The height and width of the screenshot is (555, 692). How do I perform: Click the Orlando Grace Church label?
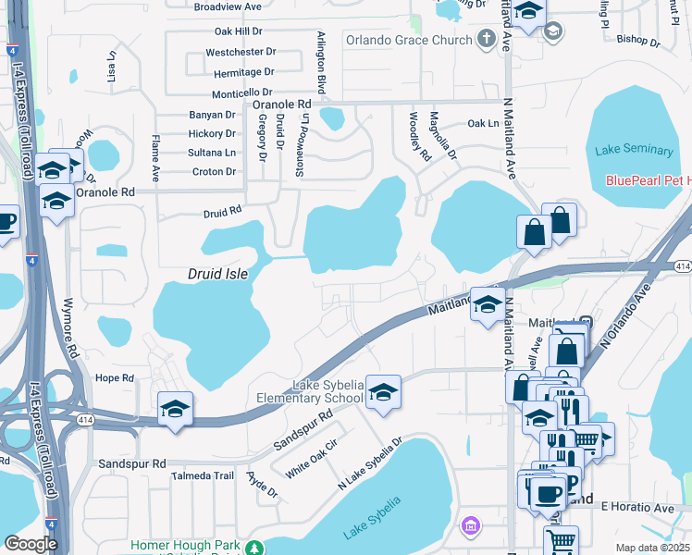408,40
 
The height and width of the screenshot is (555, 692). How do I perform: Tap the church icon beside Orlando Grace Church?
487,39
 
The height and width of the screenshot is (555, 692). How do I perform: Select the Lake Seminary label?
635,150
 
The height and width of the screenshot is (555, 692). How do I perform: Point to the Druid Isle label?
217,275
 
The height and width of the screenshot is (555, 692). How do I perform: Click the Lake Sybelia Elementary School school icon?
382,392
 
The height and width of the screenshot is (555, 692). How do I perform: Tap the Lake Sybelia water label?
372,519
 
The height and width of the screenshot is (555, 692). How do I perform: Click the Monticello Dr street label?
241,92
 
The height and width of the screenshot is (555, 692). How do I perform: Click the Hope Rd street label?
115,378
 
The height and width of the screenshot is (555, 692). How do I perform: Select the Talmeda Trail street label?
203,475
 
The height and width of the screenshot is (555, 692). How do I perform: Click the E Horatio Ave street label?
637,508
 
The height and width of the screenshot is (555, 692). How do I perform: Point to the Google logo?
31,544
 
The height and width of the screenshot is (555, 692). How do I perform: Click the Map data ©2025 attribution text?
652,548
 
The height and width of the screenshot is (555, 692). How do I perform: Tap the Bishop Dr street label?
637,40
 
